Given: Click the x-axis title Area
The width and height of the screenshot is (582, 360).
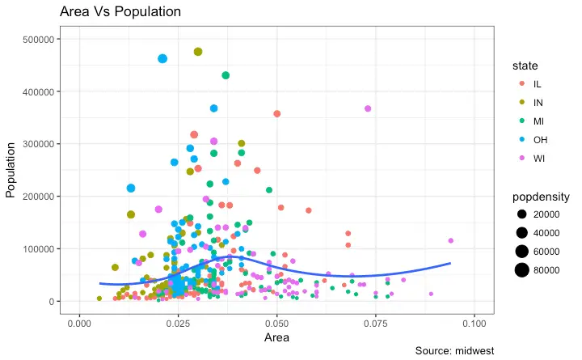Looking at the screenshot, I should click(276, 337).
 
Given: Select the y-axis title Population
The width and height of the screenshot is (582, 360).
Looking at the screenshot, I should click(11, 170).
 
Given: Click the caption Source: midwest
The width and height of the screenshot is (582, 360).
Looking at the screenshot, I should click(453, 350).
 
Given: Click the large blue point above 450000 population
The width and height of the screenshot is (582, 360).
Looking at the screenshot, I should click(162, 58).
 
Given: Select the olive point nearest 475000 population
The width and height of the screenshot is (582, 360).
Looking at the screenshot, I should click(198, 52).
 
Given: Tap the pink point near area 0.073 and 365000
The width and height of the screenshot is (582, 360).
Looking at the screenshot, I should click(368, 108).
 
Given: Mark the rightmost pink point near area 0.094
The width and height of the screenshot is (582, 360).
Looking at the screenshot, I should click(450, 240).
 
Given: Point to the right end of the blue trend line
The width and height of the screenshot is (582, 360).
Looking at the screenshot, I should click(450, 264).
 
